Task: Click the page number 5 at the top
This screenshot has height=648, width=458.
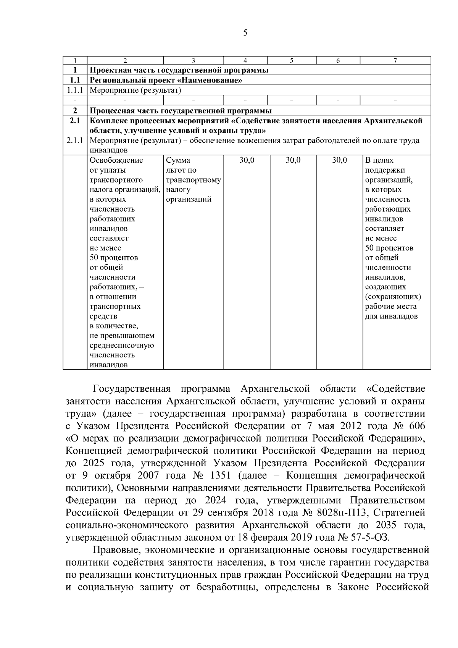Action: tap(245, 33)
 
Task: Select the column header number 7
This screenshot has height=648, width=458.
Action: tap(395, 60)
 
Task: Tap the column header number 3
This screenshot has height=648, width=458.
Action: tap(194, 60)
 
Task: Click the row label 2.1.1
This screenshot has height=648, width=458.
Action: tap(75, 141)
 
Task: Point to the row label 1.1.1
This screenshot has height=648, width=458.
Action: tap(75, 90)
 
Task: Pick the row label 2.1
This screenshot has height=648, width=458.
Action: tap(75, 121)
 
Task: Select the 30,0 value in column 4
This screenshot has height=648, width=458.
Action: tap(247, 160)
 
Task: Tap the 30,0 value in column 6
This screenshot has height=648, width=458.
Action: tap(339, 160)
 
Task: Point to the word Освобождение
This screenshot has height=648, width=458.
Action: tap(116, 160)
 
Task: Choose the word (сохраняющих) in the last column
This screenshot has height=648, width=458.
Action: tap(393, 297)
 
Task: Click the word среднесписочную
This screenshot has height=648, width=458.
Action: tap(122, 346)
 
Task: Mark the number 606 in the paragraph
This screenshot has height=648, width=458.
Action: tap(416, 426)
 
